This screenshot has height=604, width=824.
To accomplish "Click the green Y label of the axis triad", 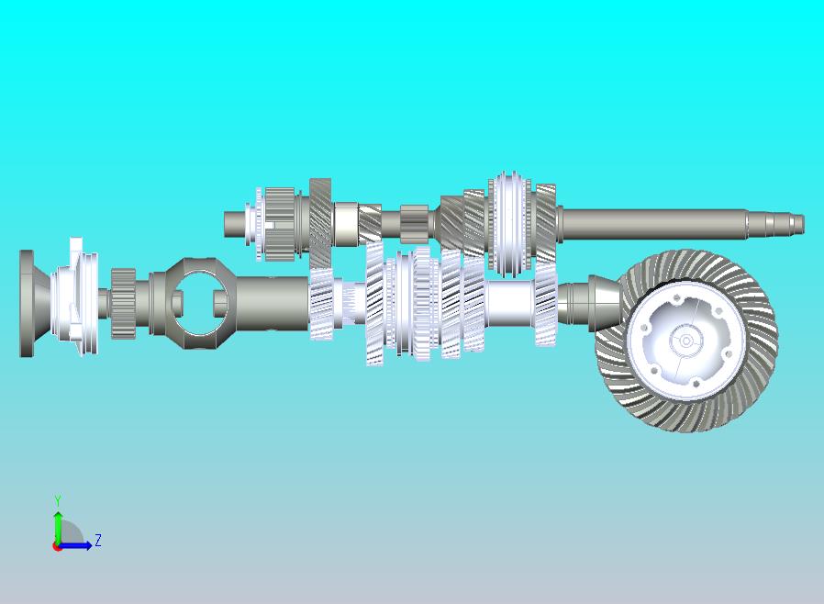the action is pyautogui.click(x=58, y=500).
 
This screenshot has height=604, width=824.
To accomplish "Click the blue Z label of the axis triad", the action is pyautogui.click(x=98, y=540).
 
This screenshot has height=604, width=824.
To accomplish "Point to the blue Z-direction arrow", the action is pyautogui.click(x=74, y=545).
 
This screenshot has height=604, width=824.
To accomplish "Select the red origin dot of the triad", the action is pyautogui.click(x=56, y=547).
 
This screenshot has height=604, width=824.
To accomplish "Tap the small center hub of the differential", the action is pyautogui.click(x=685, y=341).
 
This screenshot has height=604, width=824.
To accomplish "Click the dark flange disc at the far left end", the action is pyautogui.click(x=28, y=303).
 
